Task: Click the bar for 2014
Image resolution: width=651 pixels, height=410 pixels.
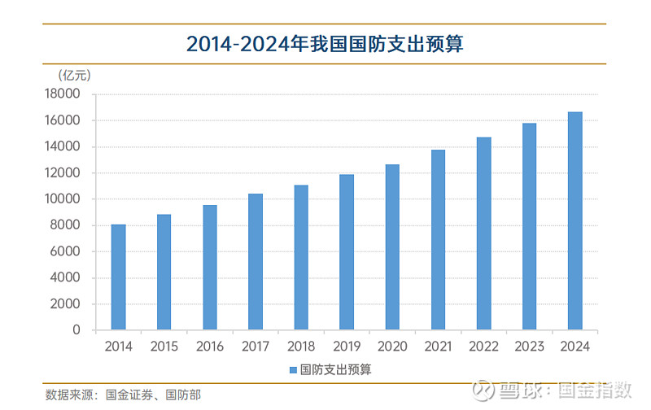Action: [118, 277]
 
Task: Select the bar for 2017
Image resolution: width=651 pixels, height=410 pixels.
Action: [256, 261]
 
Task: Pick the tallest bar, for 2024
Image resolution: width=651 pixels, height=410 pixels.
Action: [575, 220]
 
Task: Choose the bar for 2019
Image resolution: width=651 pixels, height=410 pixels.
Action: [347, 252]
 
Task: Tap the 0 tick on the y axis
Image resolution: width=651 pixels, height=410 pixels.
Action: [76, 330]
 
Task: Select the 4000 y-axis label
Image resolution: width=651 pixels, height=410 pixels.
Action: [71, 277]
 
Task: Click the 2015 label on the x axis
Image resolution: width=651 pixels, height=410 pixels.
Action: [164, 347]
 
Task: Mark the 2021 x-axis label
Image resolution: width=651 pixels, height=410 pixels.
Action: [438, 347]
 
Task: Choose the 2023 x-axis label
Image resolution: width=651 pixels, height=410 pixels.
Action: [529, 347]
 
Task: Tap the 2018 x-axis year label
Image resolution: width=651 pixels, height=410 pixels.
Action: [301, 347]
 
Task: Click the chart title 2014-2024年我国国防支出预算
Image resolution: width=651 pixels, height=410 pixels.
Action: [325, 44]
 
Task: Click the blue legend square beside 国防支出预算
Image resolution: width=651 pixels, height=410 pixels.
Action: [294, 369]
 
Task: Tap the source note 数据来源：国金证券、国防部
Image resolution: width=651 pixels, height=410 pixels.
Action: [122, 395]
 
